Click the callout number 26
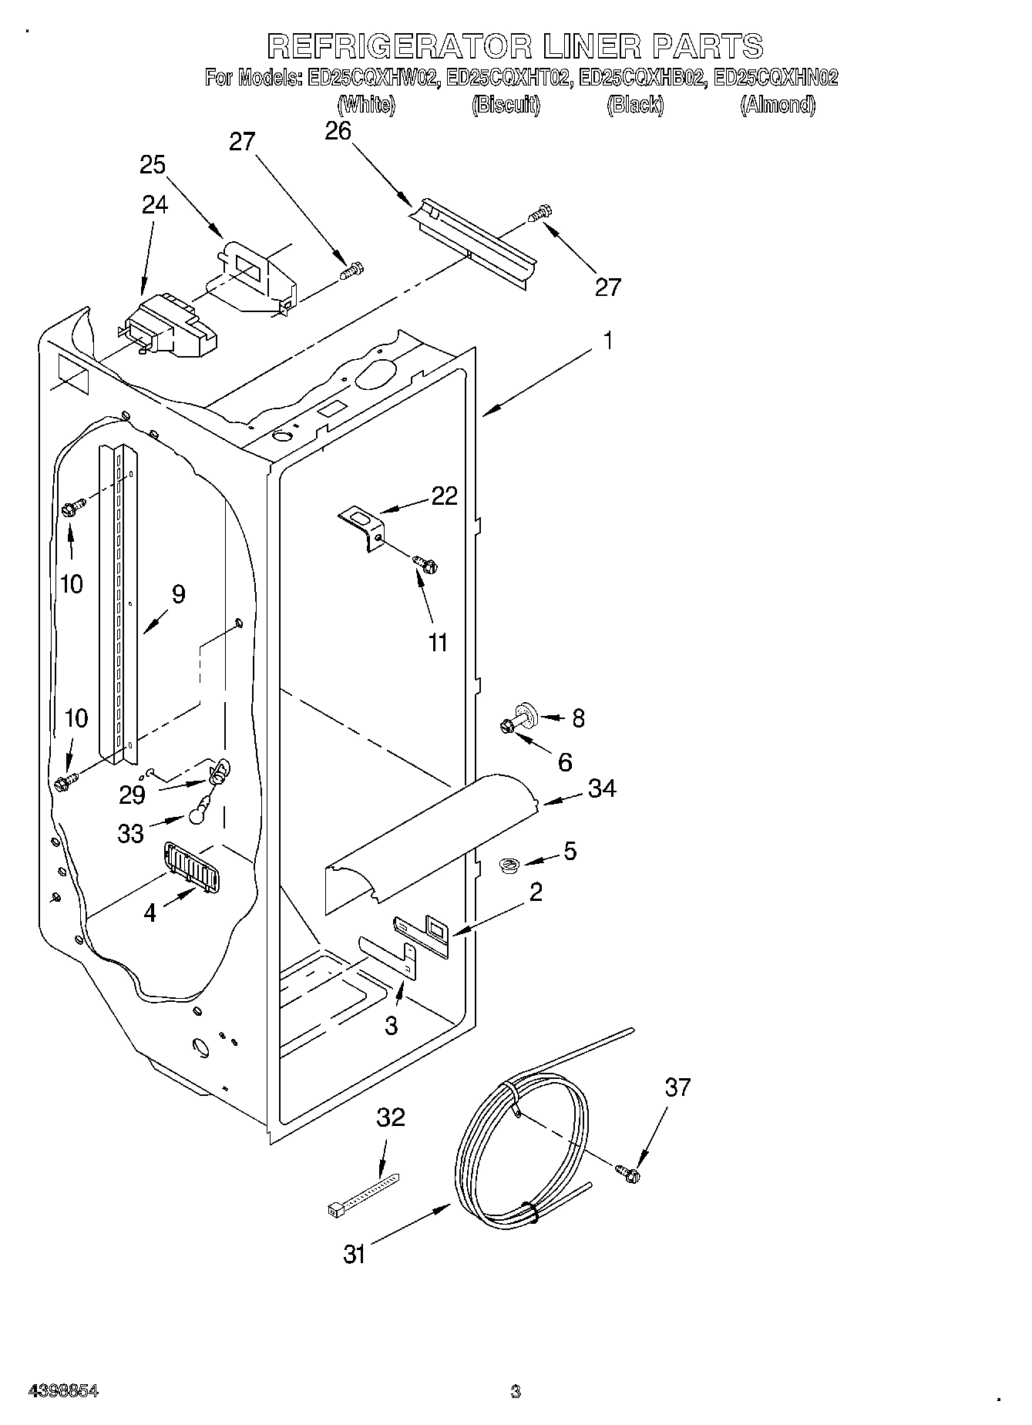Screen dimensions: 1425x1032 click(x=338, y=132)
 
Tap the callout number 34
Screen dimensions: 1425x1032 click(x=602, y=788)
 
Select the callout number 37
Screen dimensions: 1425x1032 click(x=677, y=1087)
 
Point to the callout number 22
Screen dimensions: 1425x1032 click(x=445, y=496)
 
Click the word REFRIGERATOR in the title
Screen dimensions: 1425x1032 click(x=399, y=46)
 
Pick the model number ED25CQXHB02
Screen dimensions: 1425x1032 click(x=641, y=78)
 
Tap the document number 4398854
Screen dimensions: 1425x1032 click(x=63, y=1391)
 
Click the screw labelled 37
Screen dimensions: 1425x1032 click(x=629, y=1173)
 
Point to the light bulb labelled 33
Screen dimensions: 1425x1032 click(x=198, y=809)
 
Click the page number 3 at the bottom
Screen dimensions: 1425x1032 click(x=515, y=1391)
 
